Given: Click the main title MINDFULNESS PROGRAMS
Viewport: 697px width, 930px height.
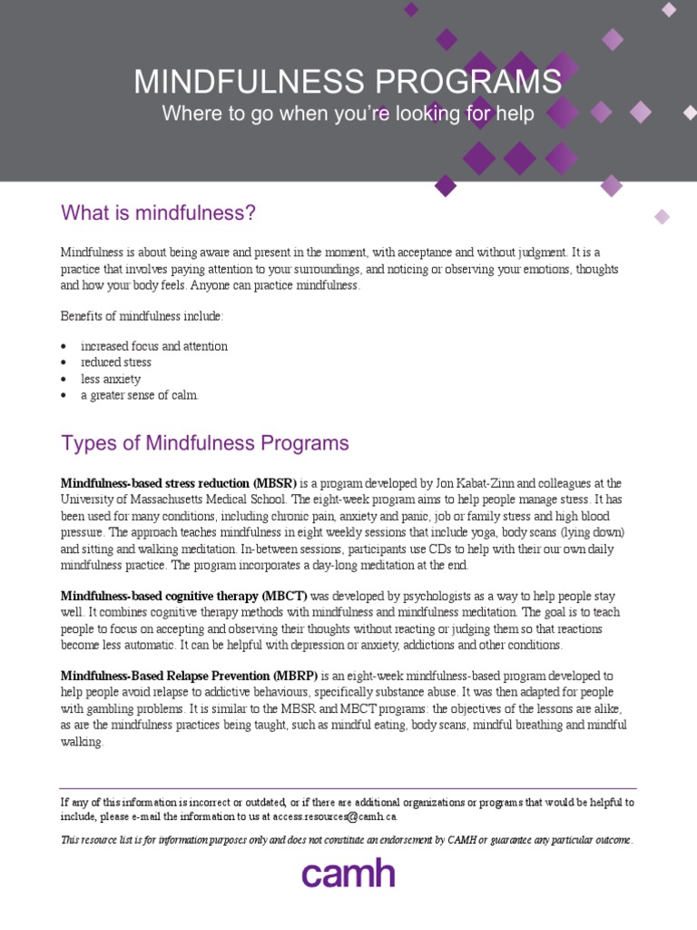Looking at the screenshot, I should pos(348,82).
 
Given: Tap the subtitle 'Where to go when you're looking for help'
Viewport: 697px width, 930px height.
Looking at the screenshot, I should pos(348,114).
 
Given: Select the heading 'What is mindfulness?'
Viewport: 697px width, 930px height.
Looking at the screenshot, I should pos(158,213).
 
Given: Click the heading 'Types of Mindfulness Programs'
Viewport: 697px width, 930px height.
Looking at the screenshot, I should pos(204,443).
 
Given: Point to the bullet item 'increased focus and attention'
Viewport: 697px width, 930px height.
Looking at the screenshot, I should pos(154,346).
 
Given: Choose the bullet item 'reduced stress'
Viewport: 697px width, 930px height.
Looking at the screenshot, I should pos(116,362).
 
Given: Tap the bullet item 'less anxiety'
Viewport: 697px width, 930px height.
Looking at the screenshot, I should pos(111,379).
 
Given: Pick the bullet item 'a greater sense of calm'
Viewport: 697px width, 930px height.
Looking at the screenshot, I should pos(139,395).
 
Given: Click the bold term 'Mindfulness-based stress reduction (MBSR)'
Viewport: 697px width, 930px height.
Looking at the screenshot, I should pos(179,482).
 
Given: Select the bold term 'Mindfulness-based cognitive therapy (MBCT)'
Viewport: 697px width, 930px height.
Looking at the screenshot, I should pos(184,597).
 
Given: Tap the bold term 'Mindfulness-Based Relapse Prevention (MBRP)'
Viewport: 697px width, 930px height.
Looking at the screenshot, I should pos(189,677).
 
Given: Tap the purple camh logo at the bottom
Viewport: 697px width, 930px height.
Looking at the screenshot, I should pos(348,874).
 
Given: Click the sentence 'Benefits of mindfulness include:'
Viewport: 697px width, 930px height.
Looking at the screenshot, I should pos(142,316).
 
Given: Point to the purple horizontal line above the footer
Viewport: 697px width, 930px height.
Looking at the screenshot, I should pos(348,788).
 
